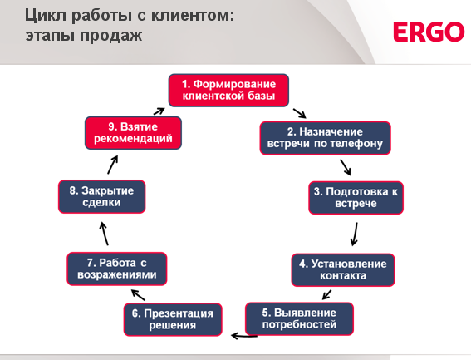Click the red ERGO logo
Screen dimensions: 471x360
point(429,32)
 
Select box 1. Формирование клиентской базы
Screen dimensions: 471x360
point(228,91)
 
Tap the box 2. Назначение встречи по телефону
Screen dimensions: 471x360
point(325,138)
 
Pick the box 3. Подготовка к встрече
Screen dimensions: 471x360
point(356,198)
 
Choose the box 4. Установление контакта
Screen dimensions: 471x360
point(343,269)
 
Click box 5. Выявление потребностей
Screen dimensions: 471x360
point(299,318)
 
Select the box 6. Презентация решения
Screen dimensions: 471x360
point(173,319)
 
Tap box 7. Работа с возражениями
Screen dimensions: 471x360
point(117,269)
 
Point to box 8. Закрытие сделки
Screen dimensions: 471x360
point(102,197)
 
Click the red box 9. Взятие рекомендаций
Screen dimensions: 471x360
point(133,133)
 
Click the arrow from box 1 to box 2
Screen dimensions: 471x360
point(300,113)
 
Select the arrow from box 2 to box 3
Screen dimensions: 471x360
point(346,167)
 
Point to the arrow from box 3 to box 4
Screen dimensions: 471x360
point(355,234)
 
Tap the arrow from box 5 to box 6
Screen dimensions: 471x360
point(244,336)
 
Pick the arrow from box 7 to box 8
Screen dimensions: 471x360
point(104,234)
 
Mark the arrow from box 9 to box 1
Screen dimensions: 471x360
point(159,111)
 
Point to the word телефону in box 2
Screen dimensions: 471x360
point(356,144)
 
